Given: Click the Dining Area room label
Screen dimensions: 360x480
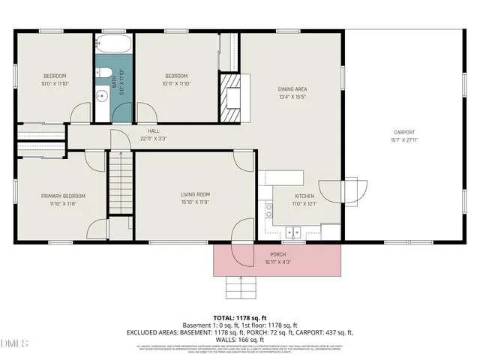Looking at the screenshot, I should (x=292, y=89).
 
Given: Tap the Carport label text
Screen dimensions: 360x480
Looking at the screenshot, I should (x=403, y=132).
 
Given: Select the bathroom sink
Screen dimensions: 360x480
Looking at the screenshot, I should (x=102, y=96).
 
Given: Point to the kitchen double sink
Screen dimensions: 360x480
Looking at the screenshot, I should (x=295, y=232).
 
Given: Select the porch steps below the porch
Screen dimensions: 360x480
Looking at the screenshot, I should (x=240, y=287).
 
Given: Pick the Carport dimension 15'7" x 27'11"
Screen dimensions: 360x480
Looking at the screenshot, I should (x=403, y=139).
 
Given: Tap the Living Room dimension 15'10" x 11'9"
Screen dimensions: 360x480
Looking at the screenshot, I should (x=194, y=202).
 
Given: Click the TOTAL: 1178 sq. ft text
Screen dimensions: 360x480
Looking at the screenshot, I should (x=240, y=318).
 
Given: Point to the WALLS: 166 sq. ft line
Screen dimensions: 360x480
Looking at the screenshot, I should (x=240, y=340).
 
